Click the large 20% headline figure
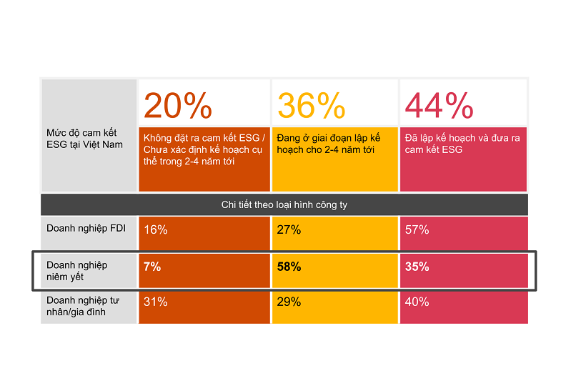click(178, 106)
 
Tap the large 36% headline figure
click(311, 106)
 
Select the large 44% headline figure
click(439, 106)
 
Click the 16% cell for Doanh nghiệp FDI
click(155, 230)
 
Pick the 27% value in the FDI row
click(289, 230)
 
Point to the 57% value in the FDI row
click(417, 230)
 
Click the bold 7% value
click(152, 267)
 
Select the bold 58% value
click(289, 267)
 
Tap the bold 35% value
click(417, 267)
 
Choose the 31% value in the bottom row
click(155, 302)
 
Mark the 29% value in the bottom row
click(289, 302)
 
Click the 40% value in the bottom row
click(417, 302)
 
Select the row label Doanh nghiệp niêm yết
click(77, 271)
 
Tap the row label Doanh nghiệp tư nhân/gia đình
click(82, 307)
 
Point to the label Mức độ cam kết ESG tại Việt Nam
click(81, 139)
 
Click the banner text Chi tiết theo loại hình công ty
click(284, 205)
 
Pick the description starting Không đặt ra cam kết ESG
click(204, 149)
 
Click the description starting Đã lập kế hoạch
click(462, 144)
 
